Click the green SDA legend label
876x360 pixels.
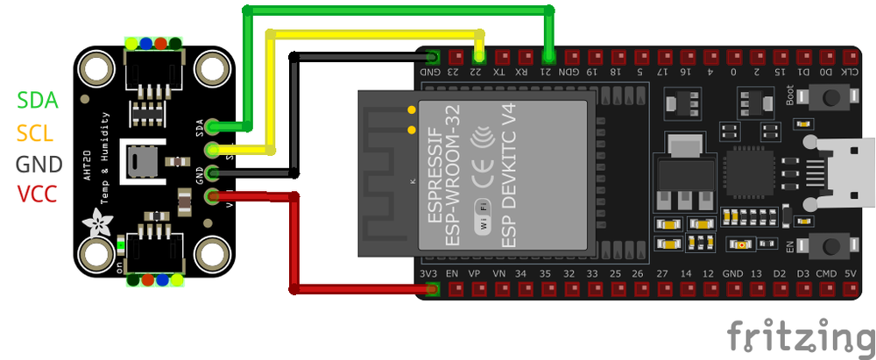click(x=38, y=100)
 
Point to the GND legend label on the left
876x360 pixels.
click(x=39, y=164)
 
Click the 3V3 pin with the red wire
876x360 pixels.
click(x=429, y=288)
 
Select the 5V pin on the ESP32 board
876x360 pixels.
click(x=849, y=288)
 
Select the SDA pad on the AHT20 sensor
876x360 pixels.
click(x=212, y=129)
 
